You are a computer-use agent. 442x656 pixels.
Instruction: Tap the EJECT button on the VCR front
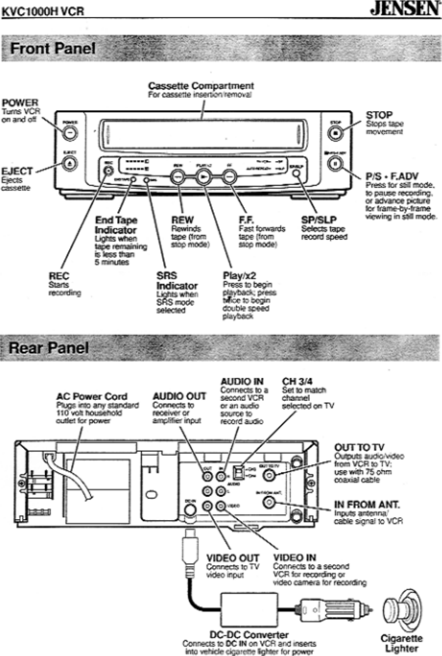(x=70, y=164)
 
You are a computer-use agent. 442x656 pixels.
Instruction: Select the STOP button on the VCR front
(x=335, y=134)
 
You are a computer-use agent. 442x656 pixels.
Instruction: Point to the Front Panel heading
(x=53, y=48)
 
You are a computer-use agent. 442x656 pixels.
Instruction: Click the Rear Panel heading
(x=49, y=348)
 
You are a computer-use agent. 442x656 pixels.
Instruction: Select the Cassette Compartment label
(x=201, y=86)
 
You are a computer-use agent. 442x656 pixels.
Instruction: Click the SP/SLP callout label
(x=319, y=220)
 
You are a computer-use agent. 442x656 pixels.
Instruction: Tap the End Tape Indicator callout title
(x=116, y=225)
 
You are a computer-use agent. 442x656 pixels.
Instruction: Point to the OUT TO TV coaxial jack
(x=268, y=475)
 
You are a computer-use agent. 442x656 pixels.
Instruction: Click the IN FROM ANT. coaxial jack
(x=268, y=503)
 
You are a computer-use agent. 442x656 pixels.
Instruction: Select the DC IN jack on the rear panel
(x=190, y=509)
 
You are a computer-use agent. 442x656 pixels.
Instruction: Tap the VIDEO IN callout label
(x=294, y=558)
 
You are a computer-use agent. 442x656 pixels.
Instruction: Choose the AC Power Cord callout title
(x=92, y=397)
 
